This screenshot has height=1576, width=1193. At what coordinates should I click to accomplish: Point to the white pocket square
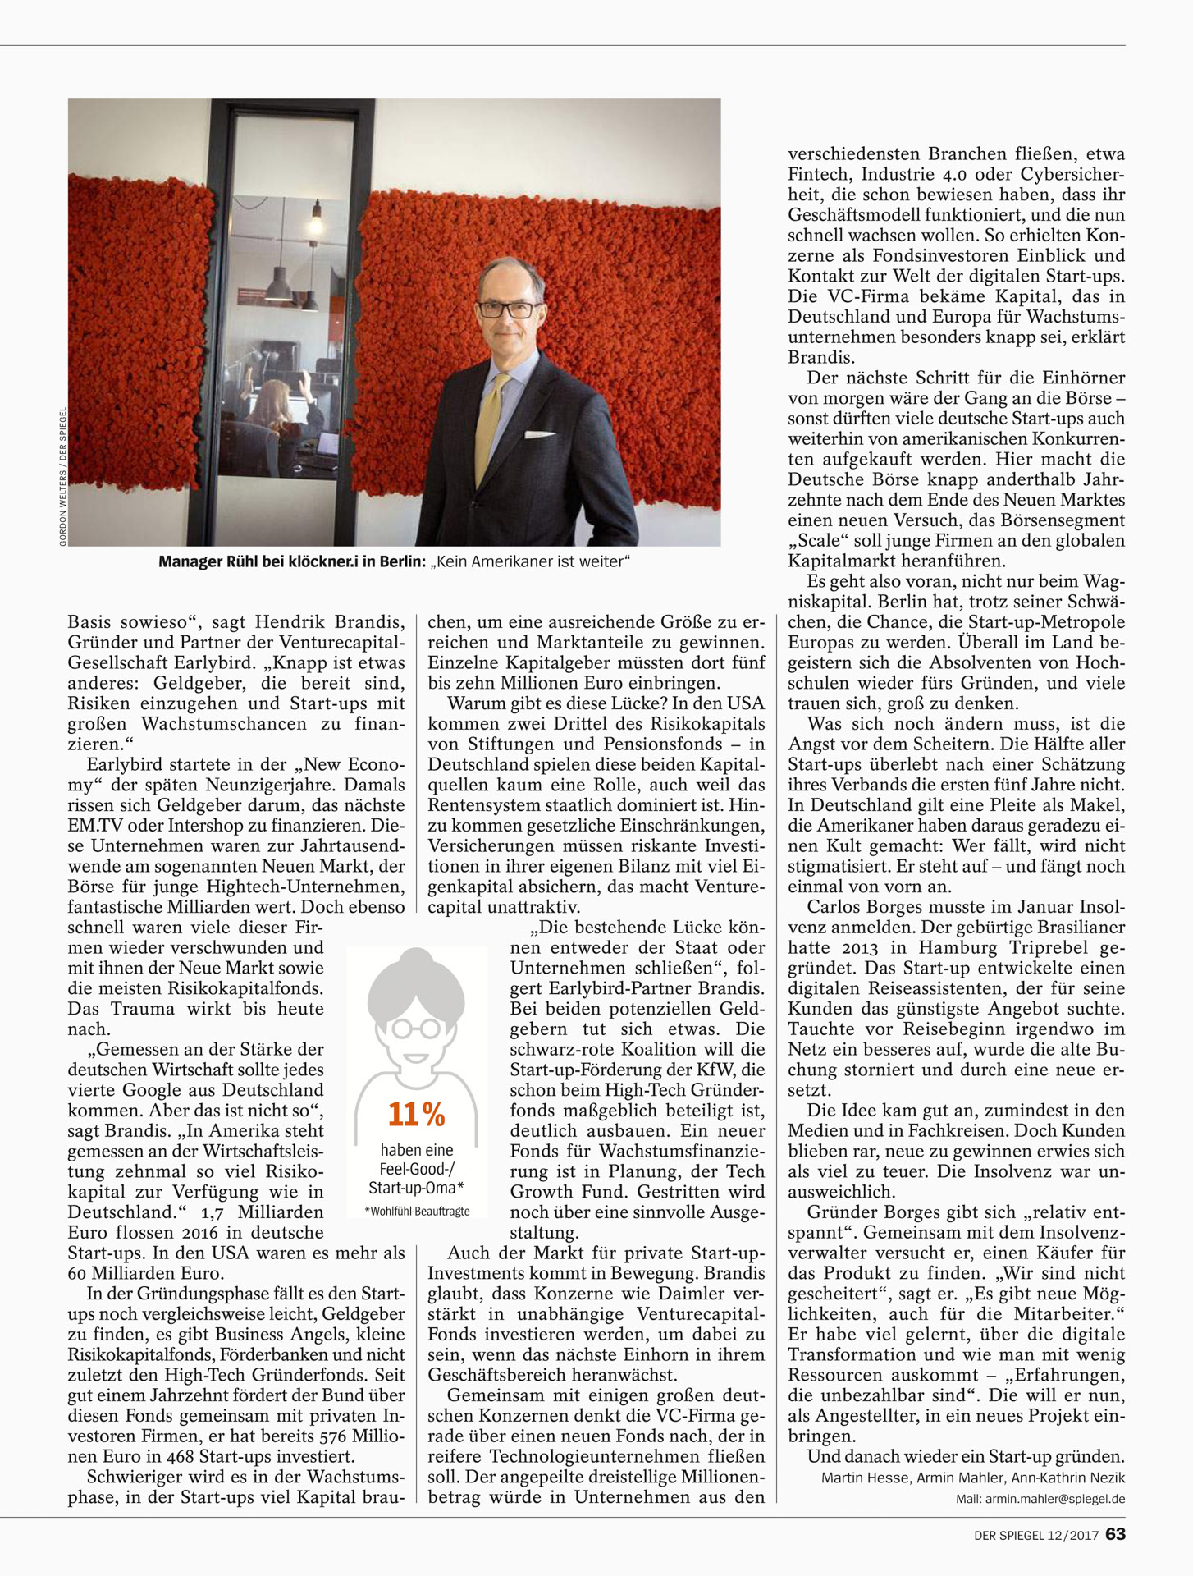point(539,436)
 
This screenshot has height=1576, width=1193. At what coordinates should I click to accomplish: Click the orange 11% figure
point(416,1115)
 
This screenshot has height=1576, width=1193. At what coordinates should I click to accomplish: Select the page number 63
point(1115,1533)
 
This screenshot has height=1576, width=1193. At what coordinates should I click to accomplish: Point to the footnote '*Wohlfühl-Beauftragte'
point(417,1212)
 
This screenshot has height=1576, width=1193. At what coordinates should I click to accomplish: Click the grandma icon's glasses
point(415,1027)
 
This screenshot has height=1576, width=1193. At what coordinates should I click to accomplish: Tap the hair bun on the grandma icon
point(416,959)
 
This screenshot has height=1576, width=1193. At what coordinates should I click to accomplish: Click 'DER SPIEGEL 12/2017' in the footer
point(1035,1534)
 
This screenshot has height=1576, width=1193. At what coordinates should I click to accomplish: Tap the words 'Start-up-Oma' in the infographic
point(416,1188)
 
